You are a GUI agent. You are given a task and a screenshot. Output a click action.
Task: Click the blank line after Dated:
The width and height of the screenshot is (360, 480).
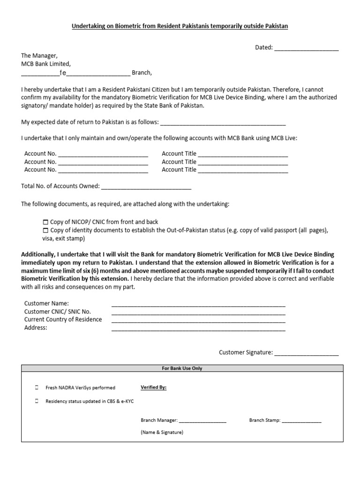pos(306,48)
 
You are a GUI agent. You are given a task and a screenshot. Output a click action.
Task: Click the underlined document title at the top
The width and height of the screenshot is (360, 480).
pos(180,26)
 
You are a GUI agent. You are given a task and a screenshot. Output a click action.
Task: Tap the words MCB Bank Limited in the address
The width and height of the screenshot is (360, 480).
pos(46,64)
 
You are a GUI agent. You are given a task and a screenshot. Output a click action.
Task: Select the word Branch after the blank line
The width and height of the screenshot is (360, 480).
pos(142,73)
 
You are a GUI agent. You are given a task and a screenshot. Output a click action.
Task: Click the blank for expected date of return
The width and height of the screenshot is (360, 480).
pos(223,123)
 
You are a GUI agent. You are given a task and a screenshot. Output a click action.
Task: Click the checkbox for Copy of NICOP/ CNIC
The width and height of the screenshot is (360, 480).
pos(45,222)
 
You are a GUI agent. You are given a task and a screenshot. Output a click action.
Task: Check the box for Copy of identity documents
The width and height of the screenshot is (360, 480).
pos(45,231)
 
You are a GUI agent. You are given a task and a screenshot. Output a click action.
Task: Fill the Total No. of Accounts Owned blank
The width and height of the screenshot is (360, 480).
pos(146,187)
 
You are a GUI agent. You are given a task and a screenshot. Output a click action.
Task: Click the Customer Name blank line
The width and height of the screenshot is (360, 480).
pos(198,304)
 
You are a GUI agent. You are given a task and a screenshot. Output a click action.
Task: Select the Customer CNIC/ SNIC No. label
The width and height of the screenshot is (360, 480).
pos(58,312)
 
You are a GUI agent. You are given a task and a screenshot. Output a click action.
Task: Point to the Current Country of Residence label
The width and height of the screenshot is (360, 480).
pos(63,320)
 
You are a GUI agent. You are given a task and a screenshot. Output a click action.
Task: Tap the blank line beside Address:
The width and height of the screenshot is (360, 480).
pos(198,328)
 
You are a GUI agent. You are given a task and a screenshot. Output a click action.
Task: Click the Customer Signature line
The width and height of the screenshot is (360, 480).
pos(306,353)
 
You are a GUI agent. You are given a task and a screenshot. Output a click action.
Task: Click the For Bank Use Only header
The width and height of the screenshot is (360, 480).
pos(182,368)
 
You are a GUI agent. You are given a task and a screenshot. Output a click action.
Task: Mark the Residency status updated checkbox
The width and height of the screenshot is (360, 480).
pos(37,401)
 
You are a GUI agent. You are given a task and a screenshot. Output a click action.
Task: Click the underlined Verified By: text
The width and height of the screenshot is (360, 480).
pos(153,388)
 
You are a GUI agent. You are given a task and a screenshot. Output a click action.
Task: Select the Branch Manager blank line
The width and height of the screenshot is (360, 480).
pos(202,421)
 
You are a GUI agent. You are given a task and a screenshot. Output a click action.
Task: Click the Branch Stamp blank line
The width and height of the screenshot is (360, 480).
pos(301,421)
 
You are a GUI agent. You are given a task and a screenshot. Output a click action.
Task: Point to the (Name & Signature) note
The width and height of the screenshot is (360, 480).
pos(162,432)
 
